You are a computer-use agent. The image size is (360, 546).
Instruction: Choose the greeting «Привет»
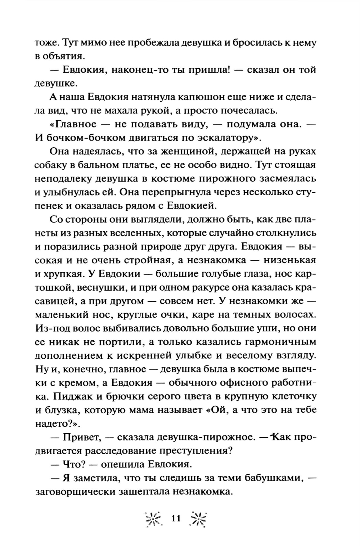click(81, 437)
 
